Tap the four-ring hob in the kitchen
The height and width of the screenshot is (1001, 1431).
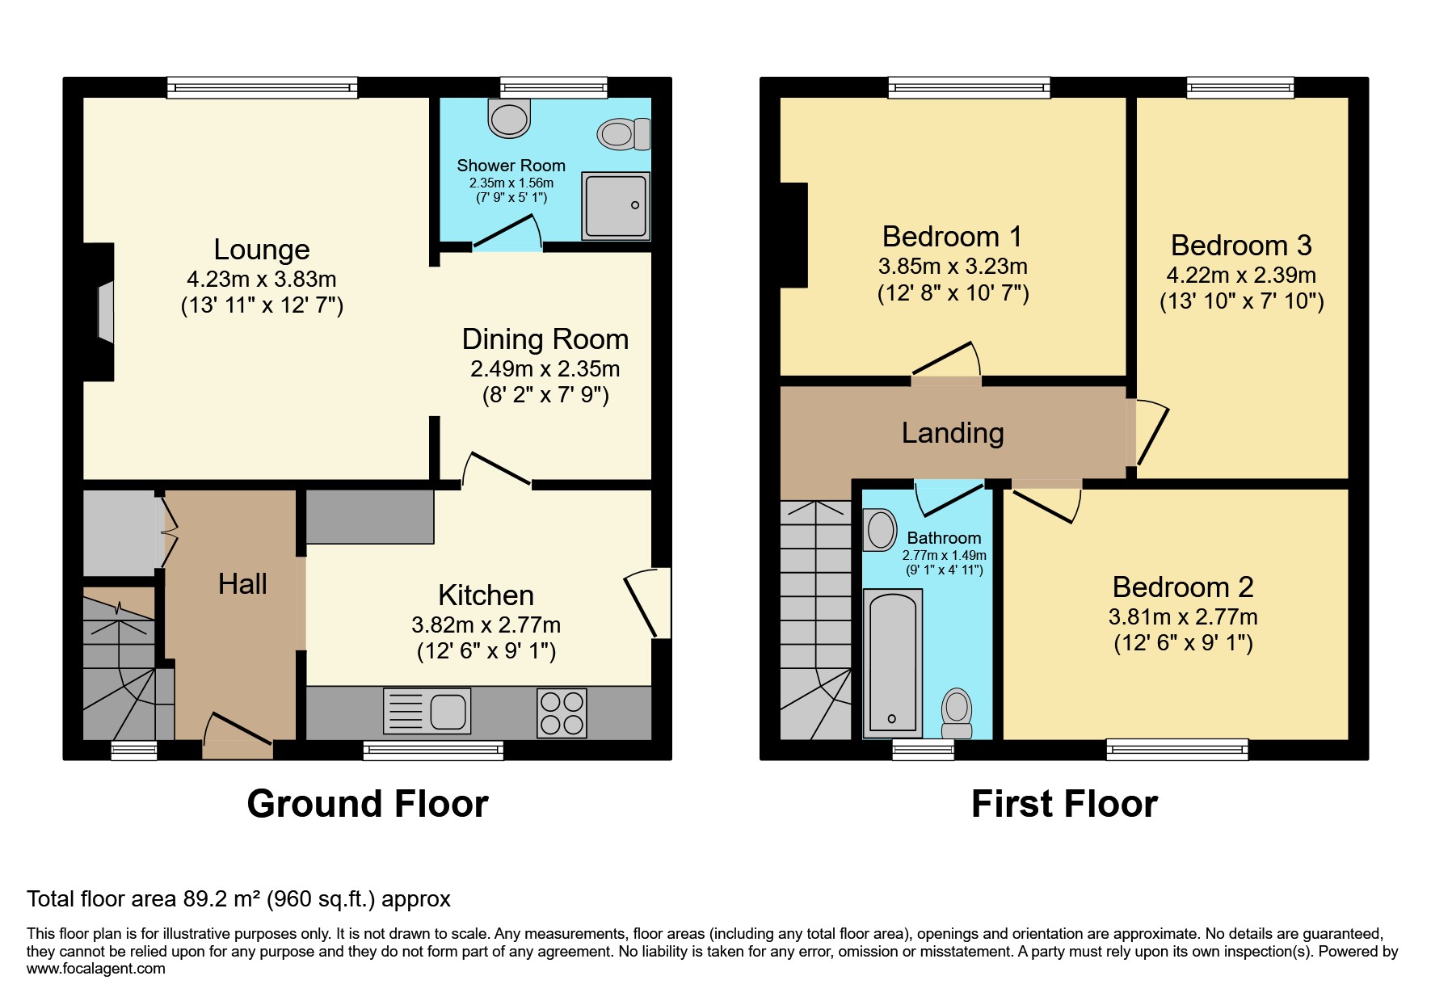(562, 713)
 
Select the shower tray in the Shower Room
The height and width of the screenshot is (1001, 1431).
(615, 205)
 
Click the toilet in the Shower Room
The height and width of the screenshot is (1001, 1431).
(624, 134)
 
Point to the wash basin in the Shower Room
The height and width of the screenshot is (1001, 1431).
(509, 119)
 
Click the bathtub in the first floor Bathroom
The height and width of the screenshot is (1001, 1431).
(893, 662)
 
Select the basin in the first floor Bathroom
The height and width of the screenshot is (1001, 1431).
(880, 530)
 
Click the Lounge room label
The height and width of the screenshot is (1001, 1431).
(262, 250)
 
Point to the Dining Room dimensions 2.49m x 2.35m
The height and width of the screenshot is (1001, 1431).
(545, 369)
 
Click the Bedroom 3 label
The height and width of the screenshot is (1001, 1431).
(1241, 246)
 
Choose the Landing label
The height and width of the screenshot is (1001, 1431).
(953, 433)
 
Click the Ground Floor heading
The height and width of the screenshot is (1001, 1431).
(368, 804)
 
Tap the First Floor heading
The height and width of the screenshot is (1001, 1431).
(1064, 804)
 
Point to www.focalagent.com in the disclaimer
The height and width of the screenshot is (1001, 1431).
(96, 969)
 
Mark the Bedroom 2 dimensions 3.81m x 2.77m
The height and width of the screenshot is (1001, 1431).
(1183, 617)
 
